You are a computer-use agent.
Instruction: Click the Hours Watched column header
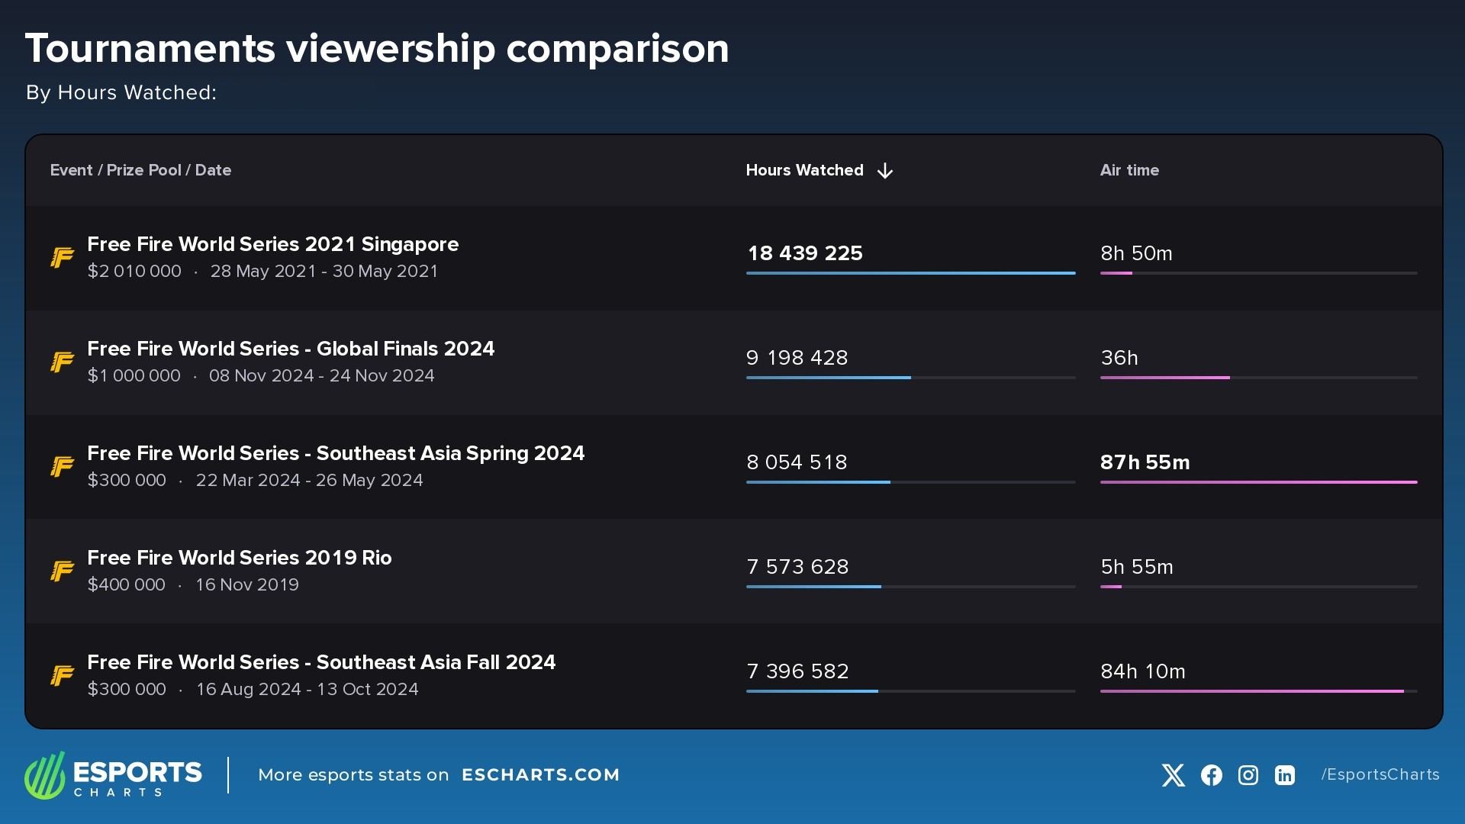(x=804, y=170)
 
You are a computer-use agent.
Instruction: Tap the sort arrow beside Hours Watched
(x=885, y=171)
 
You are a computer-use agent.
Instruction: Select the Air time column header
(x=1129, y=170)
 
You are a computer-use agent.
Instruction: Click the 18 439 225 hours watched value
(x=805, y=253)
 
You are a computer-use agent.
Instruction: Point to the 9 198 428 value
(x=797, y=358)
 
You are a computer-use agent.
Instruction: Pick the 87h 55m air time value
(x=1145, y=462)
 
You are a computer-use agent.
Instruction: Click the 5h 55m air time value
(x=1137, y=567)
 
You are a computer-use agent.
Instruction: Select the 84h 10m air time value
(x=1142, y=671)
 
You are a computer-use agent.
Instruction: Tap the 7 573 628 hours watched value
(x=797, y=567)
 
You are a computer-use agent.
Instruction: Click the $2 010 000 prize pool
(x=134, y=272)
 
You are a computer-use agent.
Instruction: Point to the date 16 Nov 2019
(x=247, y=585)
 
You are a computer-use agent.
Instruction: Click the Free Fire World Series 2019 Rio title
(x=240, y=558)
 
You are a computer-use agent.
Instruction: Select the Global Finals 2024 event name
(x=291, y=349)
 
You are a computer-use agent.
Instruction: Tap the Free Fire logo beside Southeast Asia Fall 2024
(x=63, y=675)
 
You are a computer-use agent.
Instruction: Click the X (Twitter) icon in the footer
(x=1173, y=775)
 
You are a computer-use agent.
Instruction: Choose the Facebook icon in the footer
(x=1211, y=775)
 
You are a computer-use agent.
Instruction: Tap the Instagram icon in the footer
(x=1248, y=775)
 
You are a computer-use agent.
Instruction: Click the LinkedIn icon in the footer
(x=1285, y=775)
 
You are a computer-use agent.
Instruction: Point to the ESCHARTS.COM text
(x=540, y=775)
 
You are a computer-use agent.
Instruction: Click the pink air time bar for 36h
(x=1164, y=378)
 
